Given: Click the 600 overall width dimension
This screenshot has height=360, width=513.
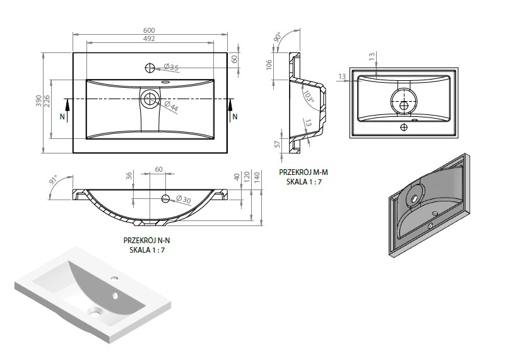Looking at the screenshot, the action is [x=149, y=30].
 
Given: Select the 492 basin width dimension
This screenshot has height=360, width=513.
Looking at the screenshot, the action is [x=149, y=39].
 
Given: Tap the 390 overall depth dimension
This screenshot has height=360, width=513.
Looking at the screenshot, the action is [x=38, y=100].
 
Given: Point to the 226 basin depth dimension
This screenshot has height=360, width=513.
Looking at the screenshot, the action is [x=47, y=102].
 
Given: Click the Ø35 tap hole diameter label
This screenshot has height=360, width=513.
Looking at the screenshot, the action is [x=171, y=67].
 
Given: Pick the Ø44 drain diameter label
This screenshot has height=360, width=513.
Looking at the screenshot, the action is [x=171, y=107].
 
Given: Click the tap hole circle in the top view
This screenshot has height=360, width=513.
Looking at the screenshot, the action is [x=150, y=68].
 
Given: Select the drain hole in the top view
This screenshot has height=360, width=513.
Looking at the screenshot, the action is [x=150, y=99].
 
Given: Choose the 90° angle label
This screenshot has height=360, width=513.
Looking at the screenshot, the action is [x=278, y=37].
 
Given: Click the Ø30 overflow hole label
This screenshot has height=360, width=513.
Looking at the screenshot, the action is [x=183, y=199].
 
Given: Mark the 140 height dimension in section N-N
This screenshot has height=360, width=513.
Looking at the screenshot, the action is [x=257, y=177].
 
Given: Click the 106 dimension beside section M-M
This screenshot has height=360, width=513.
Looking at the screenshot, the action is [x=269, y=64].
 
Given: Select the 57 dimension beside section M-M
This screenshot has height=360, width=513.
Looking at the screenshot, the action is [x=278, y=144].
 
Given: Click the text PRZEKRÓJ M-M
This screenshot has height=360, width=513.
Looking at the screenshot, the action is [x=304, y=172].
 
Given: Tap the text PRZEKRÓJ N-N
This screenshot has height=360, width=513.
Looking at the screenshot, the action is [x=146, y=240].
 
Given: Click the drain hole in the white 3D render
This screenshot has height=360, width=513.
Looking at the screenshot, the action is [x=95, y=311].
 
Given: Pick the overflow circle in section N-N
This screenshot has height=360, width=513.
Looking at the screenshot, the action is [x=165, y=198].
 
